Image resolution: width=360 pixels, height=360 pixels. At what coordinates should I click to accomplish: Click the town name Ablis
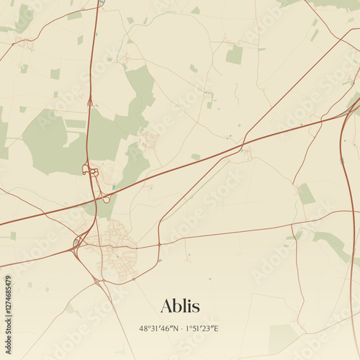[x=180, y=306]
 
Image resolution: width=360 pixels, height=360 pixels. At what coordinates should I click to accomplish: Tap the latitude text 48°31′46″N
[x=158, y=328]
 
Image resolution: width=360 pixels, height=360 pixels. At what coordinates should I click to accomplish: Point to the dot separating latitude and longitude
[x=181, y=328]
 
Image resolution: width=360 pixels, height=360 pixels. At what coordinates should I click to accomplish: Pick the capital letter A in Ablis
[x=167, y=306]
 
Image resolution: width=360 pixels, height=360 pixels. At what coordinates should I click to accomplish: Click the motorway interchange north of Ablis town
[x=90, y=171]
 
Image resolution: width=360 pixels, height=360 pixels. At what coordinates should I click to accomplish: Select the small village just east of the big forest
[x=150, y=139]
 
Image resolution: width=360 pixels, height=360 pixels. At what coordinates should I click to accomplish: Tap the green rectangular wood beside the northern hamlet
[x=235, y=55]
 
